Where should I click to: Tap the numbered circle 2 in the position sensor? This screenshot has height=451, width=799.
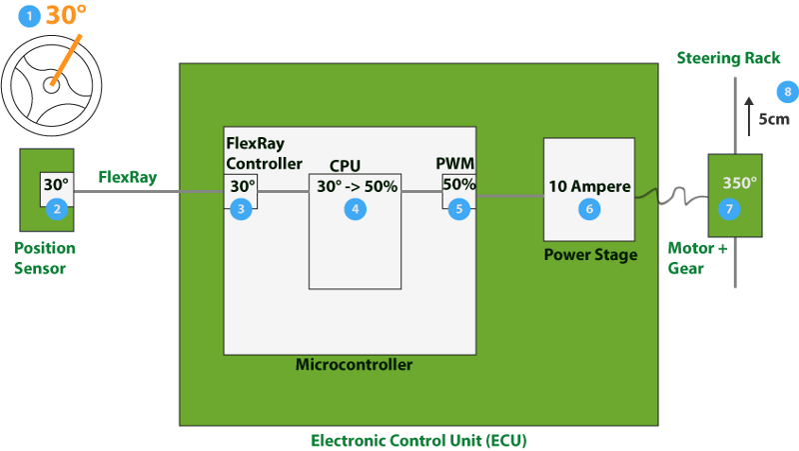pos(57,208)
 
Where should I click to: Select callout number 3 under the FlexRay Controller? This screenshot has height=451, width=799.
pos(240,208)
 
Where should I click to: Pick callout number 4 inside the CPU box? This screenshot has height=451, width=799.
pos(353,208)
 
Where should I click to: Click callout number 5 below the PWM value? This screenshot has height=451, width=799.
pos(458,208)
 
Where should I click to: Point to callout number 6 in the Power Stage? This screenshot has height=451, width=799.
pos(588,208)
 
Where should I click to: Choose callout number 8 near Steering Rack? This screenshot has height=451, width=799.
pos(788,92)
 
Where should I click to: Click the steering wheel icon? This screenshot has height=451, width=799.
pos(47,85)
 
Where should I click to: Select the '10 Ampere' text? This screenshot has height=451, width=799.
pos(588,185)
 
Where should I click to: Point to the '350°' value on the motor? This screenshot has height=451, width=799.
pos(740,184)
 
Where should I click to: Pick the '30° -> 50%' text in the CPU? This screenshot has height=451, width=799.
pos(358,186)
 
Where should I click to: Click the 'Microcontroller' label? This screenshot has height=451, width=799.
pos(354,365)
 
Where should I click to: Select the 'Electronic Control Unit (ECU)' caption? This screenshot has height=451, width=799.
pos(417,440)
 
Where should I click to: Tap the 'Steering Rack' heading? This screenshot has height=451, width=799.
pos(728,58)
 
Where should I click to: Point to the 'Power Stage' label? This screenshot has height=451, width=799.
pos(590,255)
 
